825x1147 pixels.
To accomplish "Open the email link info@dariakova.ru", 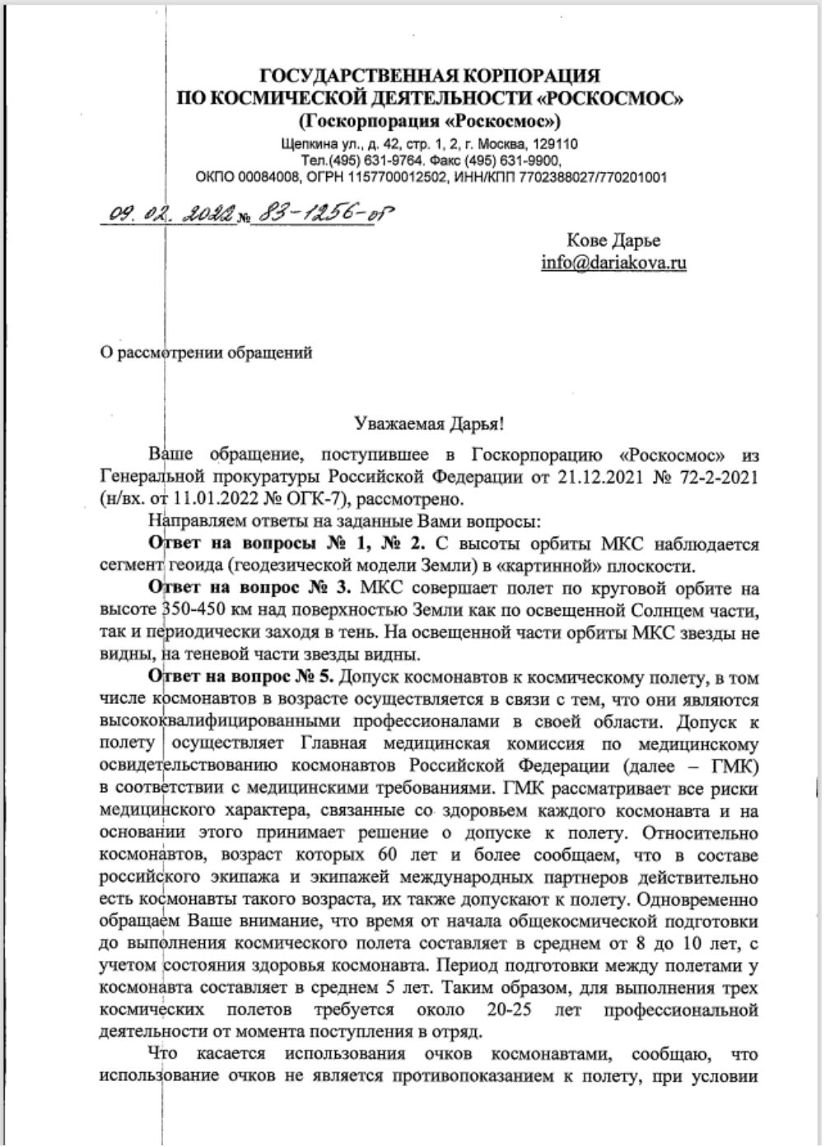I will click(x=613, y=263).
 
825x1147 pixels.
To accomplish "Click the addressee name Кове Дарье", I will click(x=613, y=241).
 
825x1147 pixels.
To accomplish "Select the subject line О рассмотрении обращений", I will click(x=206, y=353).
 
